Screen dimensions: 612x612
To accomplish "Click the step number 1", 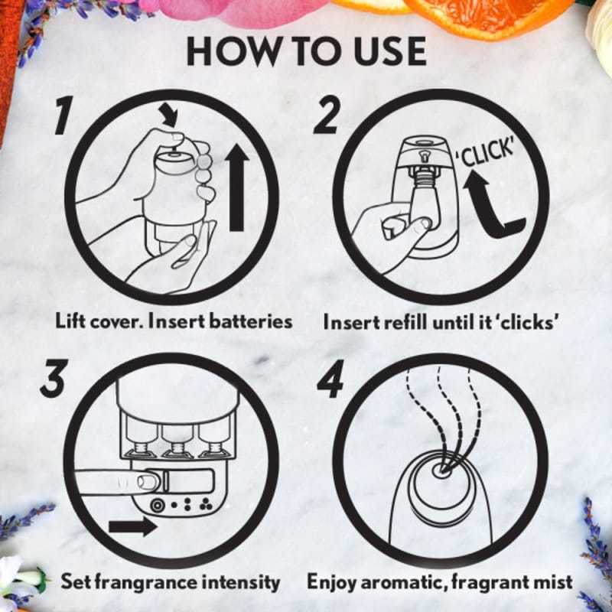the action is (x=64, y=116).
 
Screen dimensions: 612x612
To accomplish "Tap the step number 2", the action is (x=327, y=116).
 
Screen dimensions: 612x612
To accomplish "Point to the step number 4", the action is (x=330, y=379).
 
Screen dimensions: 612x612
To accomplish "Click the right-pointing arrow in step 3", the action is (x=132, y=526).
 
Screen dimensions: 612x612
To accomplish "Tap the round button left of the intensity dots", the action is (x=158, y=506).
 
